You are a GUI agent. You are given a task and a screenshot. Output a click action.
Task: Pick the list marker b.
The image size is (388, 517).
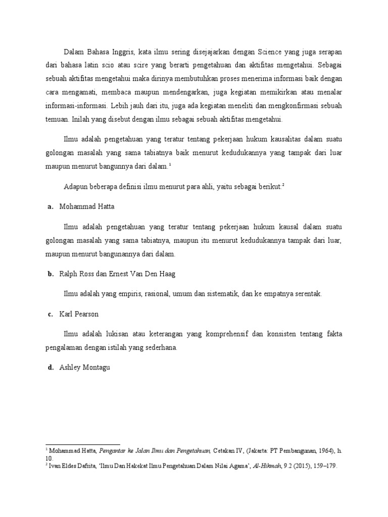pyautogui.click(x=51, y=274)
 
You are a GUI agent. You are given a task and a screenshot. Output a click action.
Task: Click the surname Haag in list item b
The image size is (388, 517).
pyautogui.click(x=166, y=274)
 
